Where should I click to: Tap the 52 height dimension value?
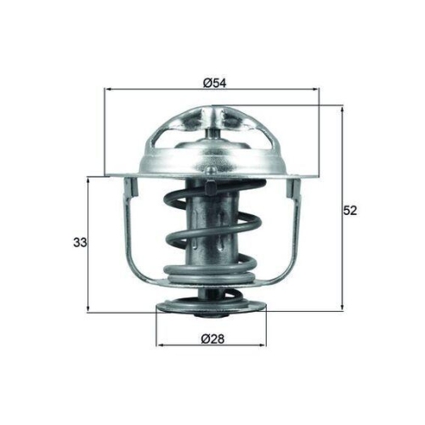coord(348,211)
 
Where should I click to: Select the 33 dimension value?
coord(80,243)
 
